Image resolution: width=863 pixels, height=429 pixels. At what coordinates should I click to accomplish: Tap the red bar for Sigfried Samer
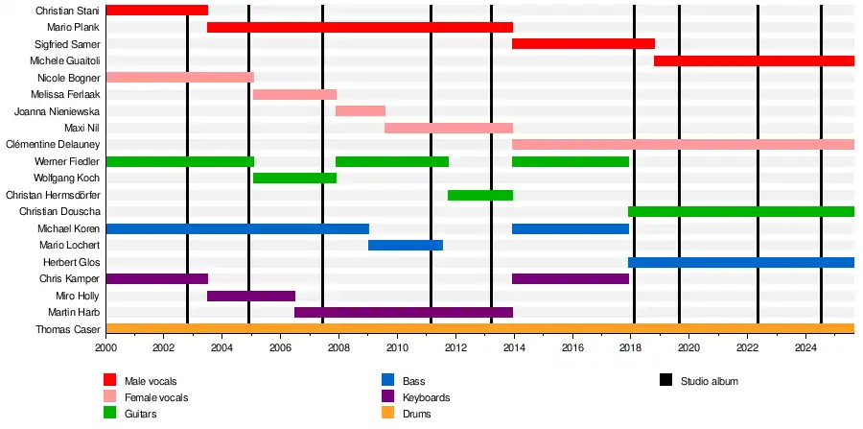pyautogui.click(x=583, y=44)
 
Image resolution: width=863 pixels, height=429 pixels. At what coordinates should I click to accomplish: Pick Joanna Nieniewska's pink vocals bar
pyautogui.click(x=361, y=111)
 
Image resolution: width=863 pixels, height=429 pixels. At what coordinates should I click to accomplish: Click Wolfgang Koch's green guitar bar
pyautogui.click(x=294, y=178)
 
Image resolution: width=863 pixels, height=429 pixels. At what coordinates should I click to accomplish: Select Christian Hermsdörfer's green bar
pyautogui.click(x=480, y=195)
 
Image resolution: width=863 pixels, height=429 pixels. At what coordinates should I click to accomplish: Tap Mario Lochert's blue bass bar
pyautogui.click(x=406, y=245)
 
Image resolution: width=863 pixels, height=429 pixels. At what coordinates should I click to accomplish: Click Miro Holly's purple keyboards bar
pyautogui.click(x=251, y=296)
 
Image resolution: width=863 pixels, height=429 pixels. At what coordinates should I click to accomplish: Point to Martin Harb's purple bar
pyautogui.click(x=404, y=312)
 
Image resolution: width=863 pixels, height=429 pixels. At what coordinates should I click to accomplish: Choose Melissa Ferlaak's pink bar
pyautogui.click(x=294, y=94)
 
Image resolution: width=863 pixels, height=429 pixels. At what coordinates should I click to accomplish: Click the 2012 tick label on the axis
pyautogui.click(x=455, y=348)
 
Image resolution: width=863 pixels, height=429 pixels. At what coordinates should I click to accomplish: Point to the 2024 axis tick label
pyautogui.click(x=805, y=348)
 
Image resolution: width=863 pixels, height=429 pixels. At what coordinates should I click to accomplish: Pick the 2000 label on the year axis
pyautogui.click(x=105, y=348)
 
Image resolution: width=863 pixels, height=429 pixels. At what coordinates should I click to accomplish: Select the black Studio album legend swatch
pyautogui.click(x=665, y=381)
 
